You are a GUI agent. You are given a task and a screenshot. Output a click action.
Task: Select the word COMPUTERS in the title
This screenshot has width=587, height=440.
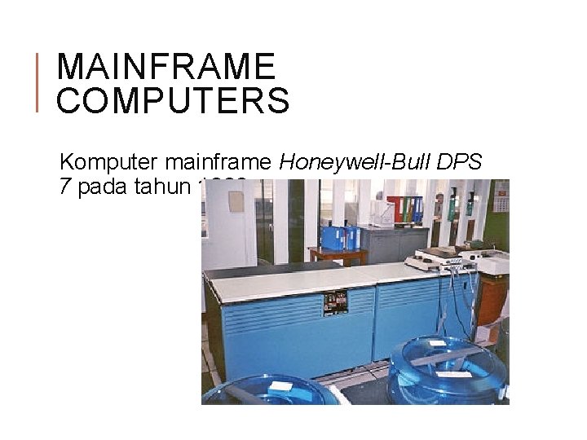pyautogui.click(x=174, y=101)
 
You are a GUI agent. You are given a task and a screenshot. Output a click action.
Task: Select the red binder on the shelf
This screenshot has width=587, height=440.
pyautogui.click(x=396, y=209)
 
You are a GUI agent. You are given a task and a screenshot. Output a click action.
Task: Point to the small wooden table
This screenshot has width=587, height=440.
pyautogui.click(x=338, y=255)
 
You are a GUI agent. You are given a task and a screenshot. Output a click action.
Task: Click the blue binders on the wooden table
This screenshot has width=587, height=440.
pyautogui.click(x=340, y=237)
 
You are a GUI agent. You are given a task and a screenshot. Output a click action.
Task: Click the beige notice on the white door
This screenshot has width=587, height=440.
pyautogui.click(x=236, y=200)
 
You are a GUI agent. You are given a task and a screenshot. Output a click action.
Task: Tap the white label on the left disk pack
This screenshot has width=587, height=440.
pyautogui.click(x=281, y=385)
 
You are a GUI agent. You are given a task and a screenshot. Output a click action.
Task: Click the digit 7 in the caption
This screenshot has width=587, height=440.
pyautogui.click(x=64, y=187)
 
